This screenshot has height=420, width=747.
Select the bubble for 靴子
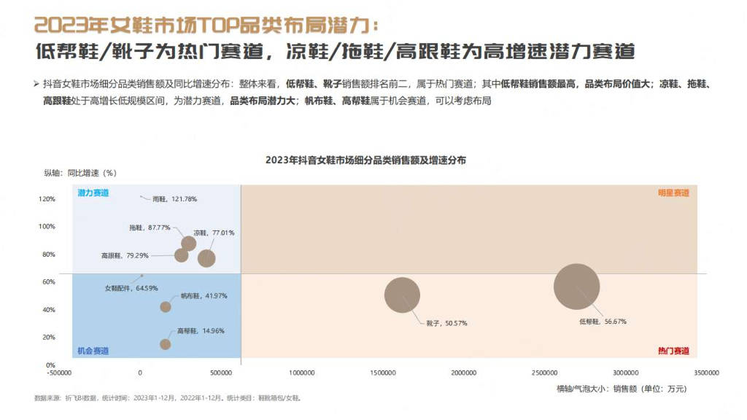[x=402, y=295]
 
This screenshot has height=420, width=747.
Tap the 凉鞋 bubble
[x=206, y=257]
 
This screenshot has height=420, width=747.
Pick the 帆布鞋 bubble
[x=166, y=307]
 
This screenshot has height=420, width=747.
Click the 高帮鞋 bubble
[x=165, y=344]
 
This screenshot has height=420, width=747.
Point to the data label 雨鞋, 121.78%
[x=174, y=198]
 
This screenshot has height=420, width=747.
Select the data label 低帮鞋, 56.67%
[x=603, y=321]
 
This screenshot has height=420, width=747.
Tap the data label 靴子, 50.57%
[x=446, y=322]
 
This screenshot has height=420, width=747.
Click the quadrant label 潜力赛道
[x=93, y=193]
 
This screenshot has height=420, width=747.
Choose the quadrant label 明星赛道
[x=673, y=193]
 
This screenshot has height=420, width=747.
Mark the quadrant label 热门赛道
[x=673, y=351]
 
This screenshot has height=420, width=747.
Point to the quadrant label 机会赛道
[x=93, y=351]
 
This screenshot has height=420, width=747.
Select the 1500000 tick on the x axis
[x=383, y=373]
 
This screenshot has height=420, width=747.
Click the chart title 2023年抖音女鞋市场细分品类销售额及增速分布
[x=365, y=160]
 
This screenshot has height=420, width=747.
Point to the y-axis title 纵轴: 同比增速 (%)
[x=80, y=174]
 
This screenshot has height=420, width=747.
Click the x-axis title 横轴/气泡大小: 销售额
[x=621, y=389]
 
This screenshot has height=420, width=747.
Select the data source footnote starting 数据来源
[x=168, y=398]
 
